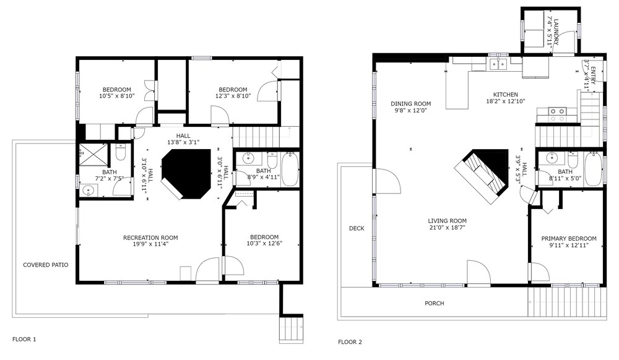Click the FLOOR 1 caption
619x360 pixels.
(24, 339)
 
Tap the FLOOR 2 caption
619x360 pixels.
(350, 342)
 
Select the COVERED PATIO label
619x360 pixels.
(45, 265)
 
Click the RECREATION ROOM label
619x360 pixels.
(150, 238)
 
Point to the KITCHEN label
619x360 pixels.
(505, 95)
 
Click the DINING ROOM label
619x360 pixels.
(411, 104)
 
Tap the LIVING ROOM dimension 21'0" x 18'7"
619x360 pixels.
(448, 228)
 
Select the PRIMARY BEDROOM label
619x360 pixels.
(568, 239)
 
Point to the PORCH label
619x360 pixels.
(435, 303)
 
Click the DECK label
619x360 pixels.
(357, 228)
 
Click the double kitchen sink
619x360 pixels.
(498, 64)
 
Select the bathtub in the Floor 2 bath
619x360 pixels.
(593, 169)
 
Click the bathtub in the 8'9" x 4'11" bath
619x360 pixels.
(290, 169)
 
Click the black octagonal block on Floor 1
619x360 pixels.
(186, 173)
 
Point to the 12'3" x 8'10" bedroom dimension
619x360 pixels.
(233, 96)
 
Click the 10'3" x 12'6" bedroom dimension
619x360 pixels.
(264, 243)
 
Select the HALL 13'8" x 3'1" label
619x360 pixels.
(183, 139)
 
